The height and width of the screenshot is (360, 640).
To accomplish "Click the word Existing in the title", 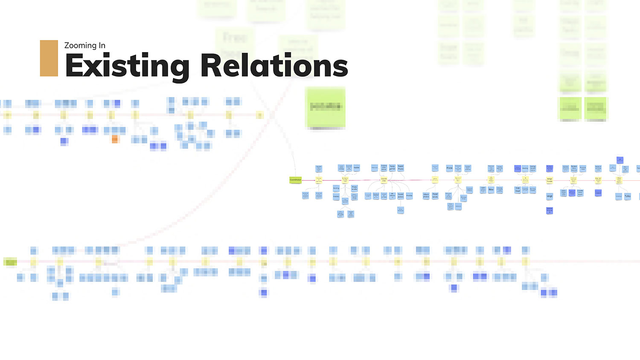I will tap(127, 66).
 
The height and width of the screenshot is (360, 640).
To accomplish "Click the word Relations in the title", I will tap(274, 66).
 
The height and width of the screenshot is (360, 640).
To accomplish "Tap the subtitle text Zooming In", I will tap(84, 45).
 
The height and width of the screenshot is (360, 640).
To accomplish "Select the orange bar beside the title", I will tap(49, 58).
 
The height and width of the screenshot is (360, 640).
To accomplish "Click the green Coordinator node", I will tap(295, 180).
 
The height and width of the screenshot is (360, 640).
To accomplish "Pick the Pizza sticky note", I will tap(449, 168).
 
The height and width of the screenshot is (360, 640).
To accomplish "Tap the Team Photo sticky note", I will tap(401, 168).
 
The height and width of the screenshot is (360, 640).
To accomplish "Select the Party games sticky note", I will tap(392, 168).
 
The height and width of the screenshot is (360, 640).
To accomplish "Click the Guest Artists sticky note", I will tap(401, 195).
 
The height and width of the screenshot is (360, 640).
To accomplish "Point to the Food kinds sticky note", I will tap(435, 195).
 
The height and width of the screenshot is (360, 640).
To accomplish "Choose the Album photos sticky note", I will tap(426, 195).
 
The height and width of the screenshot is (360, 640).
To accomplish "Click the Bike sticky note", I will tap(491, 189).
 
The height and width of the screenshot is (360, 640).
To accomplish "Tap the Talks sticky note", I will tap(628, 196).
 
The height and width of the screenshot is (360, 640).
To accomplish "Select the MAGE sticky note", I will tap(550, 196).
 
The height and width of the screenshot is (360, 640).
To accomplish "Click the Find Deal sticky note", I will tap(518, 189).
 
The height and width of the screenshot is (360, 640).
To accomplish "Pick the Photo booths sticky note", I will tap(354, 188).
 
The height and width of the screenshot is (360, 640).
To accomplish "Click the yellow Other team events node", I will tap(619, 180).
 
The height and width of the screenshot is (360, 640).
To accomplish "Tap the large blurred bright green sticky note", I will tap(325, 107).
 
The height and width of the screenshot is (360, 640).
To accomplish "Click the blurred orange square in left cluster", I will tap(115, 139).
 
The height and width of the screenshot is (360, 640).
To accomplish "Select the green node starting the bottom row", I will tap(10, 262).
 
